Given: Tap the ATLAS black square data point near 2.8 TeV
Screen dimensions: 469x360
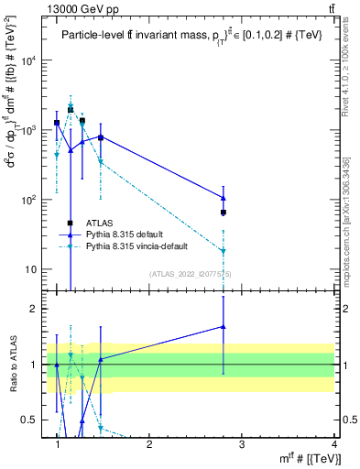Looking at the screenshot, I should tap(224, 213).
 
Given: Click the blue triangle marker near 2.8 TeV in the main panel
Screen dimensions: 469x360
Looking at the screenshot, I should tap(224, 198).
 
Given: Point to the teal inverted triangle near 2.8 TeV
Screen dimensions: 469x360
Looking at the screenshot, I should tap(224, 251).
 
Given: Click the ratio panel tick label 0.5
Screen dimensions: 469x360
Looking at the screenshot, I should tap(30, 420).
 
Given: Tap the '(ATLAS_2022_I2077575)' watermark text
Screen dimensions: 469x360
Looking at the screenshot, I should tap(190, 274).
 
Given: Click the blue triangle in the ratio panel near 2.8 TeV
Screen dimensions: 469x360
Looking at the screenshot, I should tap(224, 326).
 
